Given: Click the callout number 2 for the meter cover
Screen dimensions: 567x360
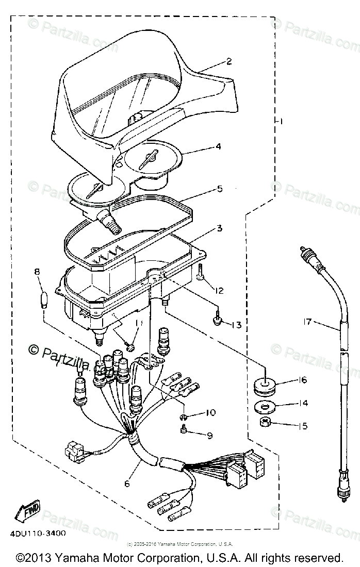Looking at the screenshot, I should tap(228, 61).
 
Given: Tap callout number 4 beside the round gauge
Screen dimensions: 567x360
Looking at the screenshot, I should tap(219, 146).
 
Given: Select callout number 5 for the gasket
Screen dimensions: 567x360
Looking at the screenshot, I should tap(220, 189).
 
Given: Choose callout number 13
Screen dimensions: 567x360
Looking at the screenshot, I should tap(237, 325).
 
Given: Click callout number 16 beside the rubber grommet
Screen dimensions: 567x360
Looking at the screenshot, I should tap(302, 380).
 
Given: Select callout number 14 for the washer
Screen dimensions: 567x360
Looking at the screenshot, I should tap(303, 403).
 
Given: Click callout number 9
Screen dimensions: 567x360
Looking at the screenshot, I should tap(209, 436).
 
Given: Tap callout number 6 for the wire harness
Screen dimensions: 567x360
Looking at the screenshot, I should tap(127, 483).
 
